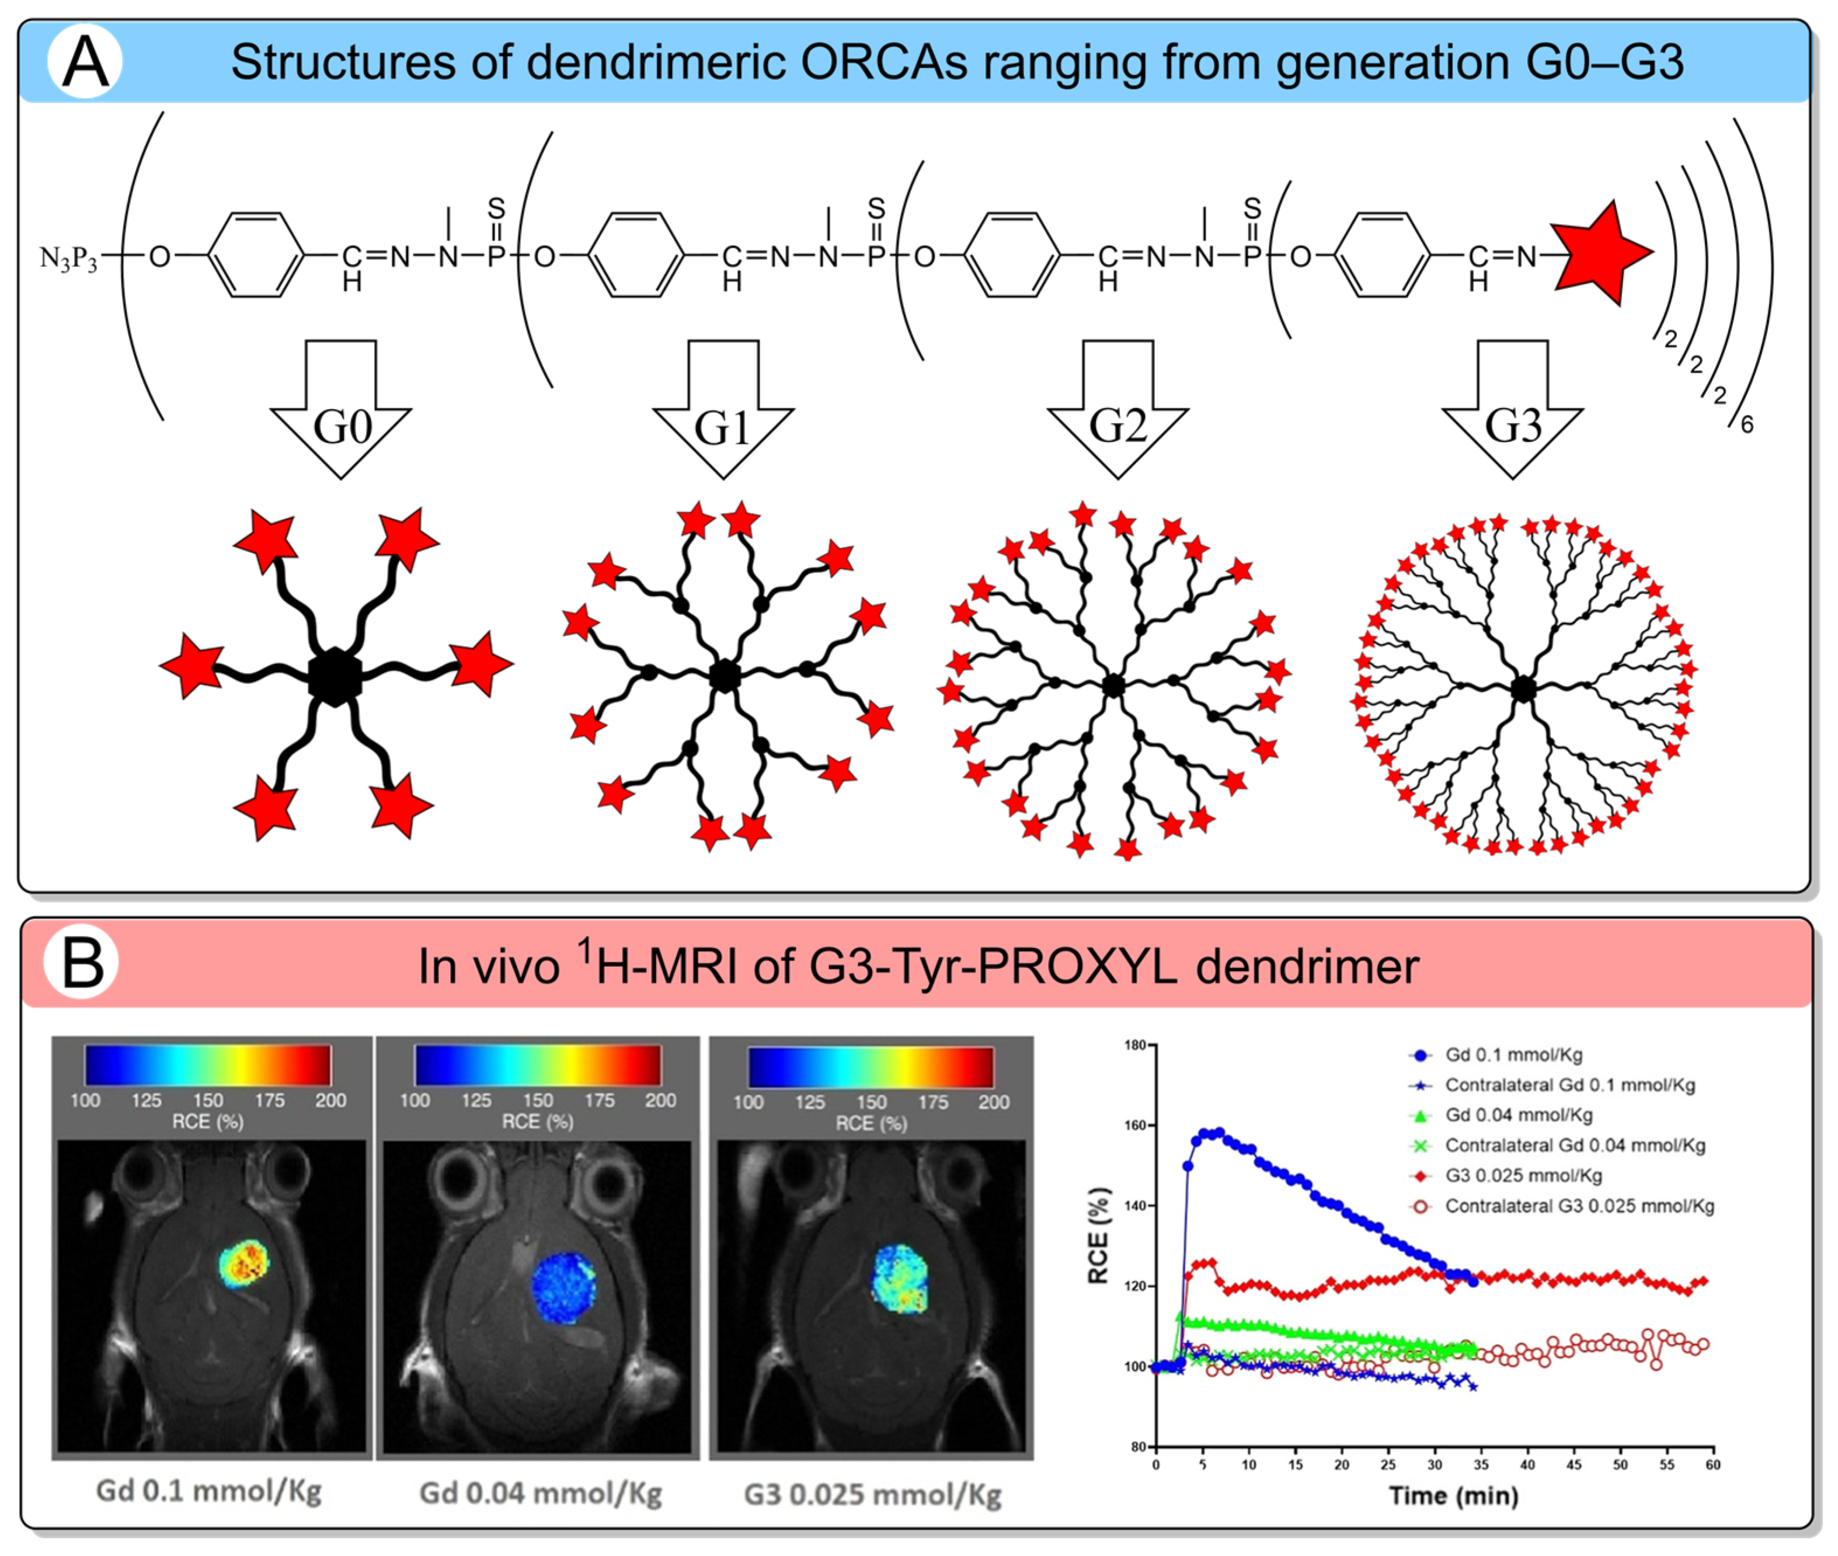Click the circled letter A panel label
(85, 62)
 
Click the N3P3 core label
(69, 259)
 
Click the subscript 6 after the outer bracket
(1746, 425)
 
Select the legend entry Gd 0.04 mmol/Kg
(1518, 1115)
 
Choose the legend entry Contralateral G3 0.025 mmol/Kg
(1579, 1206)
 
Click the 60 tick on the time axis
(1712, 1465)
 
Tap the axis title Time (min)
(1453, 1496)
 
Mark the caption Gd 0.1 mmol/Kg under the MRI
(209, 1491)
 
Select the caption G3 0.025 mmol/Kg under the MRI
(872, 1494)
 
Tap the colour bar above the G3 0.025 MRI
(871, 1067)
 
